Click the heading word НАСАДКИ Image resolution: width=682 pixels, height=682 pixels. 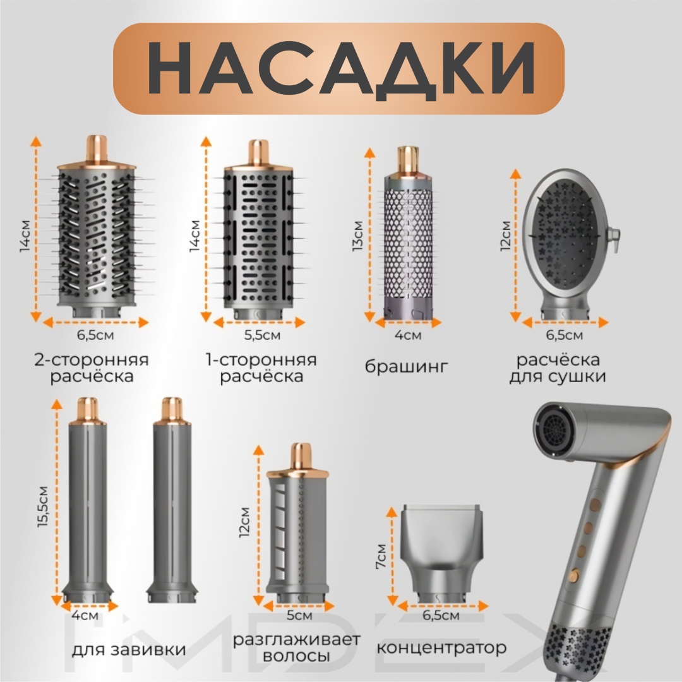(342, 69)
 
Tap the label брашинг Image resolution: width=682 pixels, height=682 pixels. (406, 367)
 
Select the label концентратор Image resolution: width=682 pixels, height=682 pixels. (441, 648)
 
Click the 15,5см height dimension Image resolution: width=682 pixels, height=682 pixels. (43, 506)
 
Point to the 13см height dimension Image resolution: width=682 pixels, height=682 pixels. (357, 236)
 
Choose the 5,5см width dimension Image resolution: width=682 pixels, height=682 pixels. (262, 335)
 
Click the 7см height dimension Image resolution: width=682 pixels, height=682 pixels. (381, 556)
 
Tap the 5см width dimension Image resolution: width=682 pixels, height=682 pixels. (299, 616)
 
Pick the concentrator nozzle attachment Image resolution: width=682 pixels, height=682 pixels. (442, 554)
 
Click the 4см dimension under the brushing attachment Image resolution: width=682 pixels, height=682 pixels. (408, 335)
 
